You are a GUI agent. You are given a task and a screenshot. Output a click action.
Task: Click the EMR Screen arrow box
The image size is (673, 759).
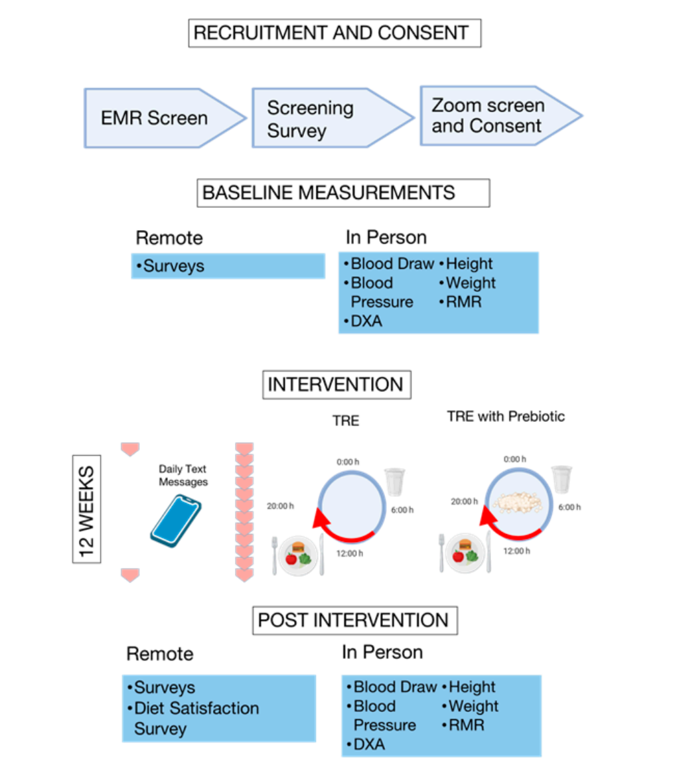coord(159,119)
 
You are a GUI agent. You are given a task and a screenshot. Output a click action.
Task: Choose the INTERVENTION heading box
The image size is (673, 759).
coord(336,385)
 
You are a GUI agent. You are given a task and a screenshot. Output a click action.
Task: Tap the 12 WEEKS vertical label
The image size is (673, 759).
coord(86,508)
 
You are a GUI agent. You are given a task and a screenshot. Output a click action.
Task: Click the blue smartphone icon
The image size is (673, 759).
coord(175,519)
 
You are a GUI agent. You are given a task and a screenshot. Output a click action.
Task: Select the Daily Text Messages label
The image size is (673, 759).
coord(183,476)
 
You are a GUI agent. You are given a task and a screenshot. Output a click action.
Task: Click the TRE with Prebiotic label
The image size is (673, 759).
coord(505,417)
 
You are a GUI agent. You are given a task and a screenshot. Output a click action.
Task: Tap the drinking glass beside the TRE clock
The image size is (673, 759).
coord(394,481)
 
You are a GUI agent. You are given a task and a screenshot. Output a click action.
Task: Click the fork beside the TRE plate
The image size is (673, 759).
coord(275,555)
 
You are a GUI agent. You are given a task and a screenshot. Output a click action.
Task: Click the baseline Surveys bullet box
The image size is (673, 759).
coord(228,266)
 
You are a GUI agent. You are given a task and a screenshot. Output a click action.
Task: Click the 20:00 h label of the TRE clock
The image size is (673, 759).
coord(280,506)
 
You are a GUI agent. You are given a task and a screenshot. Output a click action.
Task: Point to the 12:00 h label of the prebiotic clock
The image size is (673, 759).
coord(516,551)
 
